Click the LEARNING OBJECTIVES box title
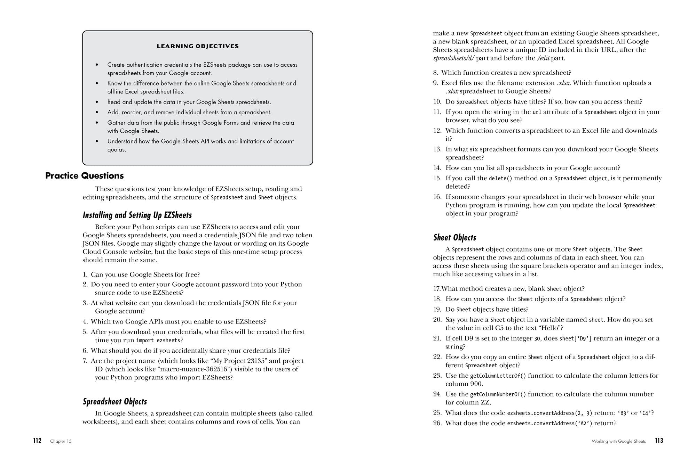point(198,46)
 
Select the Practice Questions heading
point(84,176)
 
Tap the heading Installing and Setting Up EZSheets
point(137,215)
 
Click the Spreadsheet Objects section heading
point(115,402)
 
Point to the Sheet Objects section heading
point(454,238)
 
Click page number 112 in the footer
point(37,441)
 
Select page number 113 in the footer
point(659,441)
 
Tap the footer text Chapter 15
point(61,441)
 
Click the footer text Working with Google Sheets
point(618,441)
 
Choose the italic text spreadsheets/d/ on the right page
point(454,58)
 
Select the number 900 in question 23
point(476,384)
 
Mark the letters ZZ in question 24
point(485,403)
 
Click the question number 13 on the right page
point(437,149)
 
